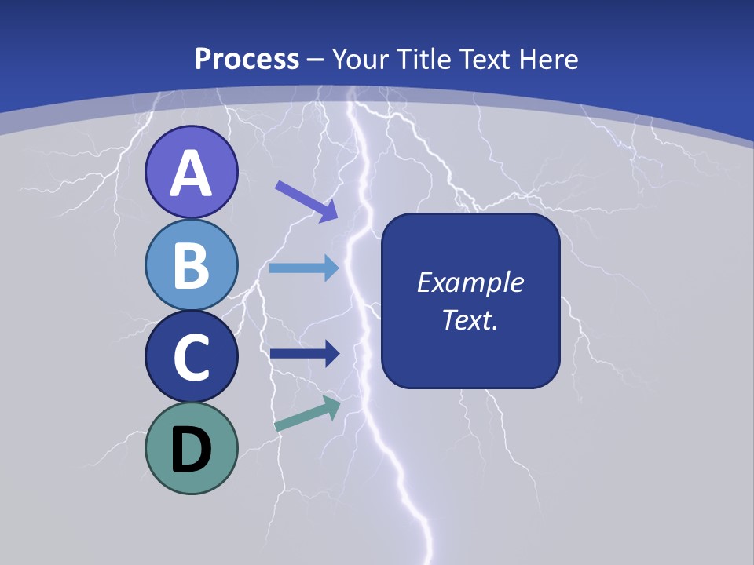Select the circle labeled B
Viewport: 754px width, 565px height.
pyautogui.click(x=191, y=264)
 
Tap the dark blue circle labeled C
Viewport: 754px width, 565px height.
pyautogui.click(x=191, y=356)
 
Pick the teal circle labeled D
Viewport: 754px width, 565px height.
pyautogui.click(x=191, y=448)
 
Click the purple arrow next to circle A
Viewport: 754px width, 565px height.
pyautogui.click(x=306, y=201)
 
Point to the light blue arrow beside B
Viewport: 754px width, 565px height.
pyautogui.click(x=304, y=268)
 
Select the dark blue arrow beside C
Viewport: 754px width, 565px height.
pyautogui.click(x=304, y=354)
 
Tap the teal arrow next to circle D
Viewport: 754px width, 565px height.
pyautogui.click(x=308, y=414)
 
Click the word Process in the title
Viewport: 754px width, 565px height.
pyautogui.click(x=247, y=59)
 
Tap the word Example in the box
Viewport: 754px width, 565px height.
pyautogui.click(x=470, y=282)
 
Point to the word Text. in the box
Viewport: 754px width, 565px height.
pyautogui.click(x=470, y=320)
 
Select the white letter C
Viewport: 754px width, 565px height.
pyautogui.click(x=191, y=358)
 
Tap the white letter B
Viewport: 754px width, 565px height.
pyautogui.click(x=191, y=266)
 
